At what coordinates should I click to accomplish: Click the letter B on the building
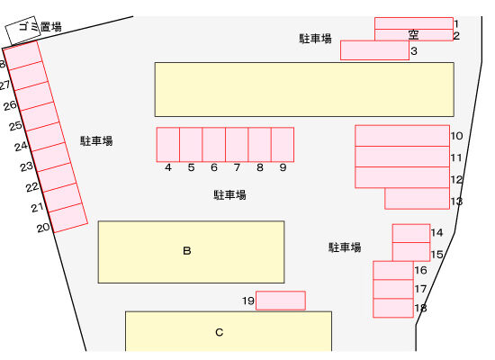[187, 251]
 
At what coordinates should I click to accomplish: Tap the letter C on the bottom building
[219, 332]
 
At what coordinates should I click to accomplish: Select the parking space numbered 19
[281, 301]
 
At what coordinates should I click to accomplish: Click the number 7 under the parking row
[237, 167]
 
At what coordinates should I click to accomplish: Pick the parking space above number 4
[168, 145]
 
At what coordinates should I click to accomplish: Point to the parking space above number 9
[283, 145]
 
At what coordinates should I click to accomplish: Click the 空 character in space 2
[413, 34]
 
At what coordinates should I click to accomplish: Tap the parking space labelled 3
[374, 50]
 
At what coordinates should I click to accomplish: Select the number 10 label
[456, 136]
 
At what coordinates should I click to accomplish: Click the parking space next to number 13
[417, 198]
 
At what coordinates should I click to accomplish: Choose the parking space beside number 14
[411, 233]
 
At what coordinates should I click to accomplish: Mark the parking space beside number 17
[393, 289]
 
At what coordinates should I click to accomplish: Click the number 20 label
[43, 228]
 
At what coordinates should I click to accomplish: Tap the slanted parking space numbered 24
[46, 137]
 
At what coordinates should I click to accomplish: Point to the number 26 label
[10, 105]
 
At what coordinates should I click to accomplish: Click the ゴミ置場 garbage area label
[40, 26]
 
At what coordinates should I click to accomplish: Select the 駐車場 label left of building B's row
[96, 140]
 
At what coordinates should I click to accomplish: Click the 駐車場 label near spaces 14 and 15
[345, 247]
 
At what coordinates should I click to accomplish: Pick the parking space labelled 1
[414, 23]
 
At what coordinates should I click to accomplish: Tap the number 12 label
[456, 180]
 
